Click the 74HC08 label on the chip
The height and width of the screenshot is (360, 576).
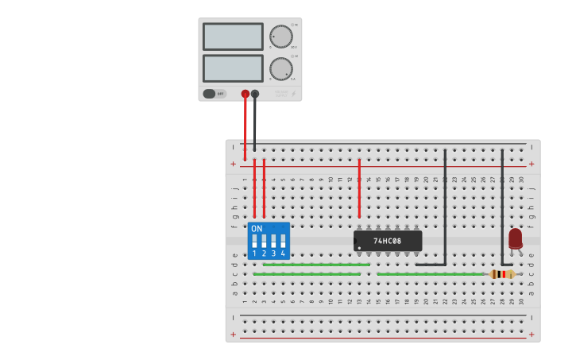[x=388, y=241]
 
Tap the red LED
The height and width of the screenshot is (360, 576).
[x=516, y=238]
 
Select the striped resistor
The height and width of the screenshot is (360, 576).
[x=502, y=274]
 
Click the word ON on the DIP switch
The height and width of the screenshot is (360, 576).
[x=257, y=229]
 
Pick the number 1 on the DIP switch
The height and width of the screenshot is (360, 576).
[x=254, y=254]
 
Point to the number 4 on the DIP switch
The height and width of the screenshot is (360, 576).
[x=283, y=254]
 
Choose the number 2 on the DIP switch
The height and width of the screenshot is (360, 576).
[x=264, y=254]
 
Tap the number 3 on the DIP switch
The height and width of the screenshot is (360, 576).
[x=273, y=254]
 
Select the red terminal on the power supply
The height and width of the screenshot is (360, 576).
[x=245, y=94]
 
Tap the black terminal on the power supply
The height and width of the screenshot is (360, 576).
[x=255, y=94]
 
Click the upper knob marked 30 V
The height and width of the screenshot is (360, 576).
[x=280, y=37]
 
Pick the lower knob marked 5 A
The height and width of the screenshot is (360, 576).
[x=280, y=69]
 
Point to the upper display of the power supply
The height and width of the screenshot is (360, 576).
[x=233, y=37]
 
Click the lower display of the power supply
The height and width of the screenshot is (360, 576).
[x=233, y=68]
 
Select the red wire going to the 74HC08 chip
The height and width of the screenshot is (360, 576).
[x=359, y=188]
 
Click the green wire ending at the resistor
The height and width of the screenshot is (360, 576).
[x=429, y=274]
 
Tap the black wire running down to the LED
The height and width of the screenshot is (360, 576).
[x=502, y=207]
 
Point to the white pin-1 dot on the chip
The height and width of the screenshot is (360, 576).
[x=358, y=246]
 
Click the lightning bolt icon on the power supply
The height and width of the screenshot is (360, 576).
[x=293, y=94]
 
